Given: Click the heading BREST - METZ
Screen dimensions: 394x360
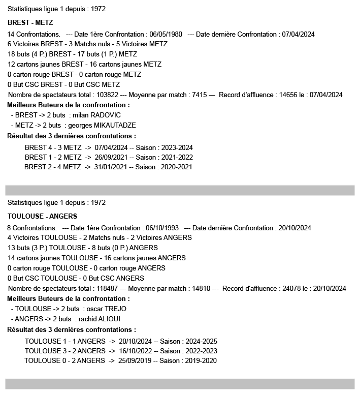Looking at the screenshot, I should coord(30,23).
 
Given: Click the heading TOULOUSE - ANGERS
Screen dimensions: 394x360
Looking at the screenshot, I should coord(42,216).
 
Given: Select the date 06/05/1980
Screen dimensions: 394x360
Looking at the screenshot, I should coord(165,34).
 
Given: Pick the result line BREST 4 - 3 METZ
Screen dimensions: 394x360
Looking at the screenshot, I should coord(53,147).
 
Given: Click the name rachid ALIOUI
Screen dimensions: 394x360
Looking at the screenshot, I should coord(102,319).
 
